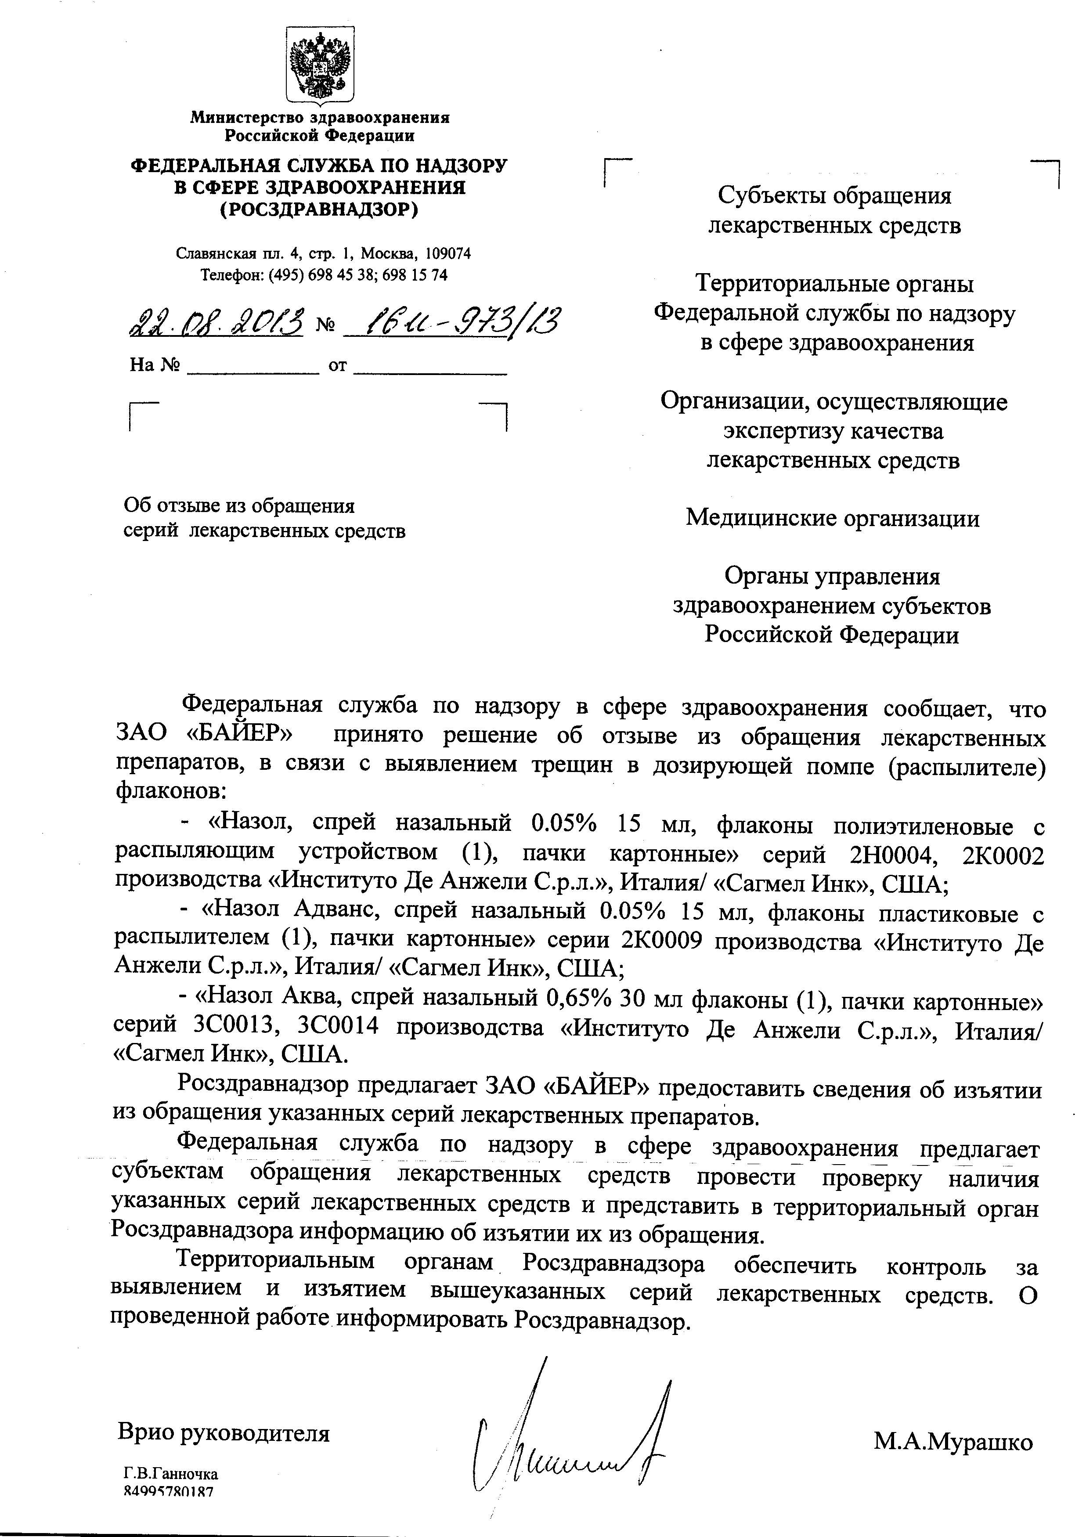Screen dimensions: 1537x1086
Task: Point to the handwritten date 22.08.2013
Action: (x=217, y=324)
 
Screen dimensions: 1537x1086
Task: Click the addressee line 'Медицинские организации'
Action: (x=832, y=518)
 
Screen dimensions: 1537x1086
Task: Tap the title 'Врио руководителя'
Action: (x=224, y=1432)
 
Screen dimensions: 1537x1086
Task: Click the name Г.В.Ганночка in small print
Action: (x=171, y=1492)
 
